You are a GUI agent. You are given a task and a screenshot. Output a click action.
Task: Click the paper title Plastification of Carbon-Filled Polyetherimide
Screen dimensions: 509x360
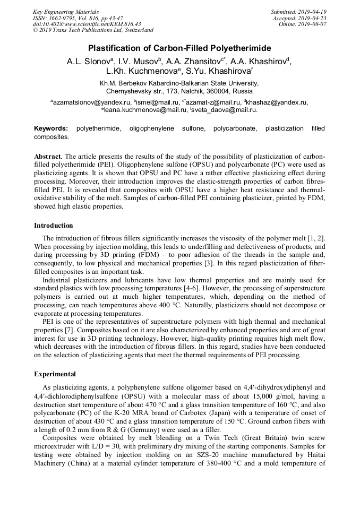tap(179, 48)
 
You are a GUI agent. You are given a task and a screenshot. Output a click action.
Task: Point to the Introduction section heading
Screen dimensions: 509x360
tap(54, 226)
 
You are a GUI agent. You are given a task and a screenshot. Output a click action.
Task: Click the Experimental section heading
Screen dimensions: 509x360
tap(55, 374)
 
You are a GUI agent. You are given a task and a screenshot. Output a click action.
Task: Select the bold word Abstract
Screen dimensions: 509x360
tap(47, 158)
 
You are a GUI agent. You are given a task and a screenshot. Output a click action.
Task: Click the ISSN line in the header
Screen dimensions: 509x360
tap(78, 18)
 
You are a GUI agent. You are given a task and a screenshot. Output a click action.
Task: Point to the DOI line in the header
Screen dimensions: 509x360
tap(87, 24)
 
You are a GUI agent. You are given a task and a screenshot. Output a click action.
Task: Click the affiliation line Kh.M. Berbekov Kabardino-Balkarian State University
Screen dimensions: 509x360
tap(179, 83)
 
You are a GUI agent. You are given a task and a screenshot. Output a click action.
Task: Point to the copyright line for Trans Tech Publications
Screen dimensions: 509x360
tap(93, 30)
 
